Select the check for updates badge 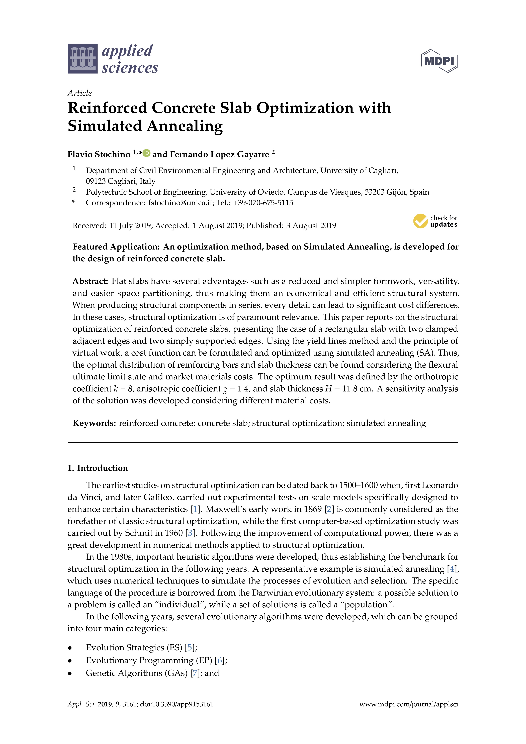click(x=435, y=221)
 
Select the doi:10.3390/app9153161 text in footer click(x=177, y=704)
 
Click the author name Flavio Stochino click(x=99, y=154)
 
